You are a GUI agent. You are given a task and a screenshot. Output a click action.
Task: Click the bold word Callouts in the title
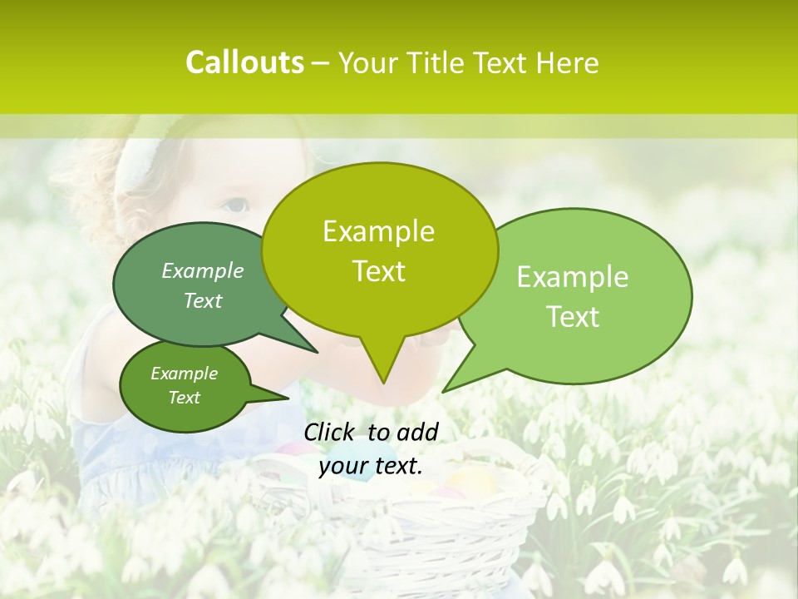point(244,62)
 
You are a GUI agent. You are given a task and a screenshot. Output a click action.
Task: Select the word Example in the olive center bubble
point(378,231)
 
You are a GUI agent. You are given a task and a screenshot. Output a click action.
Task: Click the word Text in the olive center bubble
point(378,271)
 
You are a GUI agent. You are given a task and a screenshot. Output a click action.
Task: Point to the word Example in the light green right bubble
point(573,277)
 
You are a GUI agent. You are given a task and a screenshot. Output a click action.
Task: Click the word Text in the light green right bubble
point(573,317)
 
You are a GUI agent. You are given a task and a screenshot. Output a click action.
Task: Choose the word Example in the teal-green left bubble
point(203,270)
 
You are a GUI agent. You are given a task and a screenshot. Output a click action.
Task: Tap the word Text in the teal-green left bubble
point(203,300)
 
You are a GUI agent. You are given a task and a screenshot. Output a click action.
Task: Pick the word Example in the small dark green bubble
point(184,374)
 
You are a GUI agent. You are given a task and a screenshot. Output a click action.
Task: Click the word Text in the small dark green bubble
point(184,398)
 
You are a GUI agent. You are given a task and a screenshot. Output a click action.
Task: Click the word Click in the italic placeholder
point(330,432)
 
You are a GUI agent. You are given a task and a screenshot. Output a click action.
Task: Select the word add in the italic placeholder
point(417,432)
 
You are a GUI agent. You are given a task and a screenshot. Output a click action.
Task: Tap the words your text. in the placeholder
point(371,467)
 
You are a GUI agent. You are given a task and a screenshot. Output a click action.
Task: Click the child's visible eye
point(237,204)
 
